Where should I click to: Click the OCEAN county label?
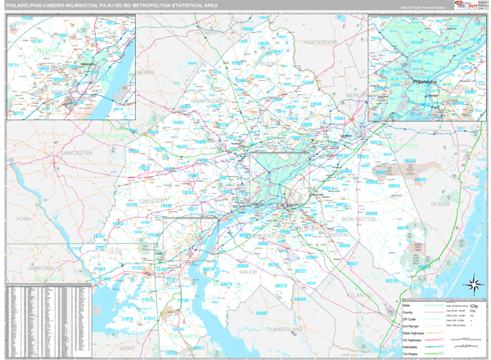click(x=439, y=203)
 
